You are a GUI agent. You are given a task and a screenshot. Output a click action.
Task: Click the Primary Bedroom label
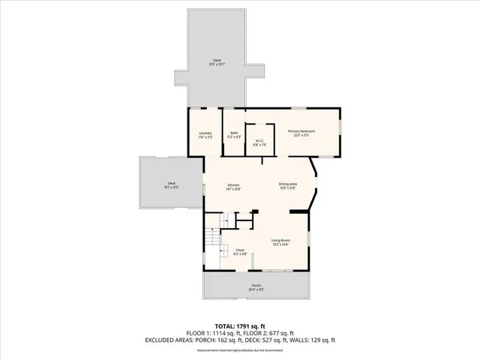pos(301,133)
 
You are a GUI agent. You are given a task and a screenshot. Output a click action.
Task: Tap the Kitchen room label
pos(233,187)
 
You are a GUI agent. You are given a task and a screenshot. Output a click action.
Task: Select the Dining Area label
pos(288,185)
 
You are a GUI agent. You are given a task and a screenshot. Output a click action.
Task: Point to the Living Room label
pos(280,241)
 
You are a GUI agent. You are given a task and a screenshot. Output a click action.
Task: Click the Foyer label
pos(240,251)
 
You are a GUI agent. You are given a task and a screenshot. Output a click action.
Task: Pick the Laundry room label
pos(205,135)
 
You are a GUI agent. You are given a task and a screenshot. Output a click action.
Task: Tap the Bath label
pos(234,135)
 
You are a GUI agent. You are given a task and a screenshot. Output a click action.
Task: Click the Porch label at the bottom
pos(256,287)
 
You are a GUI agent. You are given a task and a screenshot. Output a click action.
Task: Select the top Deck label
pos(217,62)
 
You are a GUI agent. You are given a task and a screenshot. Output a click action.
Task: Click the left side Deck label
pos(171,185)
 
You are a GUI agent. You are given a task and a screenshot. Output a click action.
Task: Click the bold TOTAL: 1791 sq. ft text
pos(240,326)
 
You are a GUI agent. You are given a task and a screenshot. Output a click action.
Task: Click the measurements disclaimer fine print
pos(240,349)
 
